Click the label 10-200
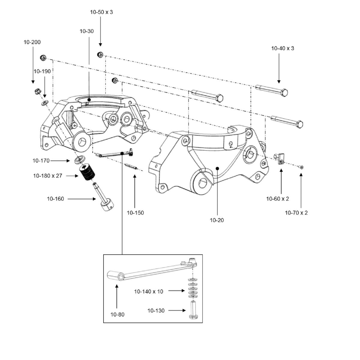(32, 42)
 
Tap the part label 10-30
(87, 31)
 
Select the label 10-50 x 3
(101, 12)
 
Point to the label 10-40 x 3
(283, 48)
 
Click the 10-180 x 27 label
(48, 176)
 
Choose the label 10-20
(217, 220)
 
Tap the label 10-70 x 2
(296, 213)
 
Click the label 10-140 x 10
(148, 292)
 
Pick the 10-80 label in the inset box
(117, 314)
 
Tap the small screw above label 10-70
(301, 167)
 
